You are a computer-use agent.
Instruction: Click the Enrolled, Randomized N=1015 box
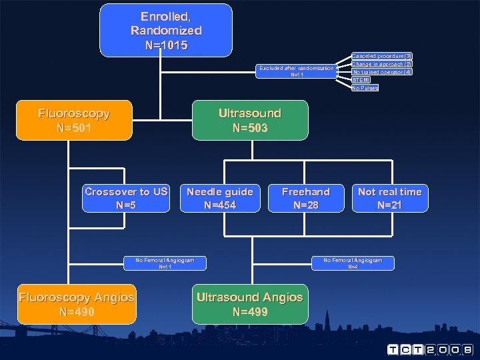(166, 31)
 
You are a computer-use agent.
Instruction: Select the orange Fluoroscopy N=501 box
(74, 120)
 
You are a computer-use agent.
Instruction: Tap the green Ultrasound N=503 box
(250, 120)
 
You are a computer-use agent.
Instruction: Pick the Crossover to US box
(126, 198)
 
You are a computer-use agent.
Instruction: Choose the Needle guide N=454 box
(220, 198)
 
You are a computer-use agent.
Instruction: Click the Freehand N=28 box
(305, 198)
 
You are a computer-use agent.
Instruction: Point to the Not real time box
(389, 198)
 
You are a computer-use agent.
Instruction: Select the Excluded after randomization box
(297, 71)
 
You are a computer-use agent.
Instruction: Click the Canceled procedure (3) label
(382, 56)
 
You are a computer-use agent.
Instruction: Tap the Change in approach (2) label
(382, 64)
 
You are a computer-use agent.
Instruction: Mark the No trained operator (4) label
(382, 72)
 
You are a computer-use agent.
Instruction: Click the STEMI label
(361, 80)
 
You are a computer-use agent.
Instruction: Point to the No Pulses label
(365, 88)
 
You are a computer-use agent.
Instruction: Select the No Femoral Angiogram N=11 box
(165, 263)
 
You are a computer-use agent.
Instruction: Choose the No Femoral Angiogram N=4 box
(353, 263)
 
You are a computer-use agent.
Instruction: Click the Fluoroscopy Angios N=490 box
(77, 305)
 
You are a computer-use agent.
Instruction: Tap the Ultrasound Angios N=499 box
(250, 305)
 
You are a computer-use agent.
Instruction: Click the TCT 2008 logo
(430, 349)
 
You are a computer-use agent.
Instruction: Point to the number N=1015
(166, 46)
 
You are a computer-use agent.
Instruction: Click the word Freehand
(305, 192)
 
